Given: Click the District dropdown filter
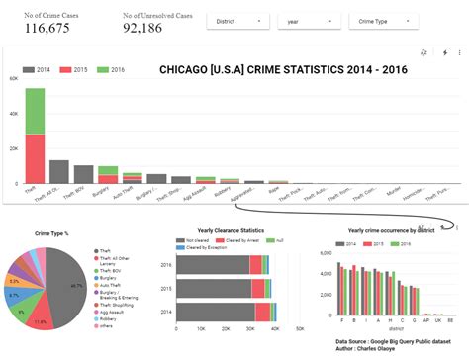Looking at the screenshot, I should click(236, 20).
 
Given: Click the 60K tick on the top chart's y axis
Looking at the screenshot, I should click(14, 78).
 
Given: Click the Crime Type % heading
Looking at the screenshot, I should click(51, 233).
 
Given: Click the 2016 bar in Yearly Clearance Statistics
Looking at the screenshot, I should click(223, 265).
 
